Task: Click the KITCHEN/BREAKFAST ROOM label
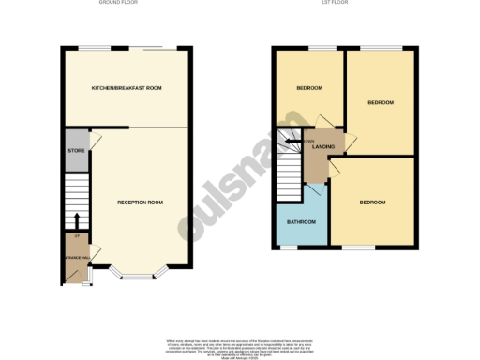pyautogui.click(x=127, y=87)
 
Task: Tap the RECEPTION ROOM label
pyautogui.click(x=140, y=202)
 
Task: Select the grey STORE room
pyautogui.click(x=75, y=153)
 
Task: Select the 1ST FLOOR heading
pyautogui.click(x=342, y=3)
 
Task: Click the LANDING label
pyautogui.click(x=324, y=148)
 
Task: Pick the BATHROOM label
pyautogui.click(x=301, y=222)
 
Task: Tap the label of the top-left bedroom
pyautogui.click(x=309, y=88)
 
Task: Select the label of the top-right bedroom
pyautogui.click(x=380, y=102)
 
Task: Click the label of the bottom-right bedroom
pyautogui.click(x=373, y=202)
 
